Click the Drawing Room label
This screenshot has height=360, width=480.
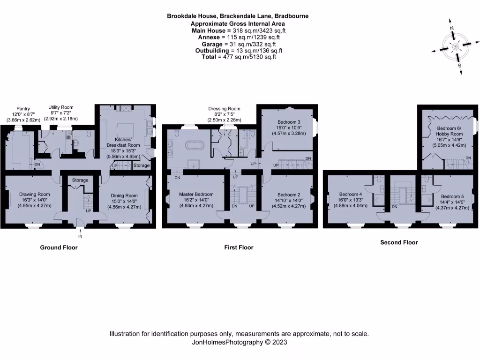pos(34,194)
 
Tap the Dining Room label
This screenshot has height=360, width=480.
pos(124,195)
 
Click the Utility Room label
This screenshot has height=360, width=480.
pos(61,107)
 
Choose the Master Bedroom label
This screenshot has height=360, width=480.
pos(196,194)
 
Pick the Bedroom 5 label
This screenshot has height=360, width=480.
pos(452,196)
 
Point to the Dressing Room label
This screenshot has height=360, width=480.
pos(224,109)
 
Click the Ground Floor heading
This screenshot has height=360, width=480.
pos(59,247)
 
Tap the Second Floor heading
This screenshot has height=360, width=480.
pos(398,242)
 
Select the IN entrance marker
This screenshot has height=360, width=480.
pos(80,236)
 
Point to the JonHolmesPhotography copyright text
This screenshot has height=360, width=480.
pos(239,343)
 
